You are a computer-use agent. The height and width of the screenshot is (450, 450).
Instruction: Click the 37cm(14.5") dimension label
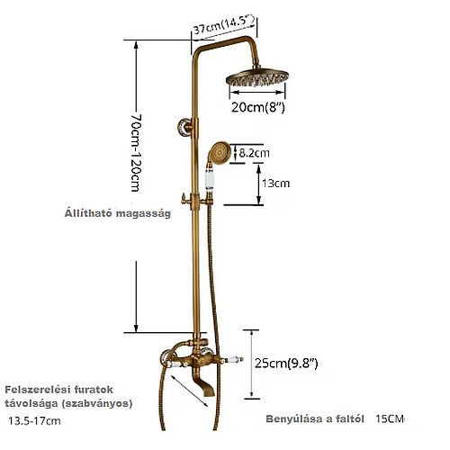(223, 24)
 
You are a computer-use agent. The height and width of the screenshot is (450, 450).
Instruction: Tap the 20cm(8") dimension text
(257, 107)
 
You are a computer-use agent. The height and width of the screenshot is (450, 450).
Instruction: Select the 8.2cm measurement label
(254, 153)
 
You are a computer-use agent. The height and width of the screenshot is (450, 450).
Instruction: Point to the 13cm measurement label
(275, 183)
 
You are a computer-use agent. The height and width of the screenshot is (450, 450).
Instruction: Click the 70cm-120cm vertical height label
(136, 152)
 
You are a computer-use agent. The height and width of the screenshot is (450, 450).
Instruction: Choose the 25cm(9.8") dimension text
(286, 364)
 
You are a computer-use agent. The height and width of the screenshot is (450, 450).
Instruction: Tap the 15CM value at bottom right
(390, 418)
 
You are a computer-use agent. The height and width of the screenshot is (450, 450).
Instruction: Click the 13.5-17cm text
(34, 421)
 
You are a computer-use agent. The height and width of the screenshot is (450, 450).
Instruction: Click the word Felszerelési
(34, 390)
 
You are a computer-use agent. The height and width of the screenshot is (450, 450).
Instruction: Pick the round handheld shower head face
(220, 152)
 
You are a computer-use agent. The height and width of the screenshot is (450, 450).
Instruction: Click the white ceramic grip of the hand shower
(209, 179)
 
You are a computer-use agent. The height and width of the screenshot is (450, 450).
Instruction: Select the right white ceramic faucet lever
(234, 359)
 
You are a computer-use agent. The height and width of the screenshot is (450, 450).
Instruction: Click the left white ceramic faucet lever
(177, 364)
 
